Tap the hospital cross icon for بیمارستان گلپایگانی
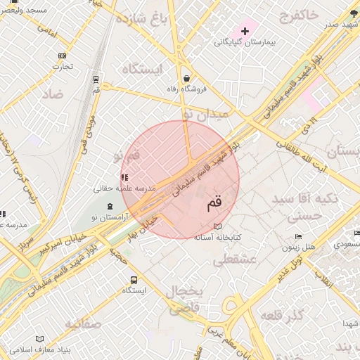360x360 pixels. click(245, 31)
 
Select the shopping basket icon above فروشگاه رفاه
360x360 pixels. click(186, 78)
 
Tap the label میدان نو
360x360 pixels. click(205, 112)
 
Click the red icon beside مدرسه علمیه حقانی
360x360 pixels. click(124, 178)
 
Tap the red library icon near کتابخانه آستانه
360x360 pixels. click(218, 226)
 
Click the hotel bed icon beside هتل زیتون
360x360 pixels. click(299, 236)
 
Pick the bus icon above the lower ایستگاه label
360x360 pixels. click(134, 279)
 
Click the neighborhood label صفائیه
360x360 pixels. click(84, 323)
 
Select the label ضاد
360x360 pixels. click(52, 94)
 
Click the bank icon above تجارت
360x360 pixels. click(63, 56)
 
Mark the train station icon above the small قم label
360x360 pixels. click(96, 79)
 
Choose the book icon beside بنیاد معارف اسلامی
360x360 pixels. click(39, 338)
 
